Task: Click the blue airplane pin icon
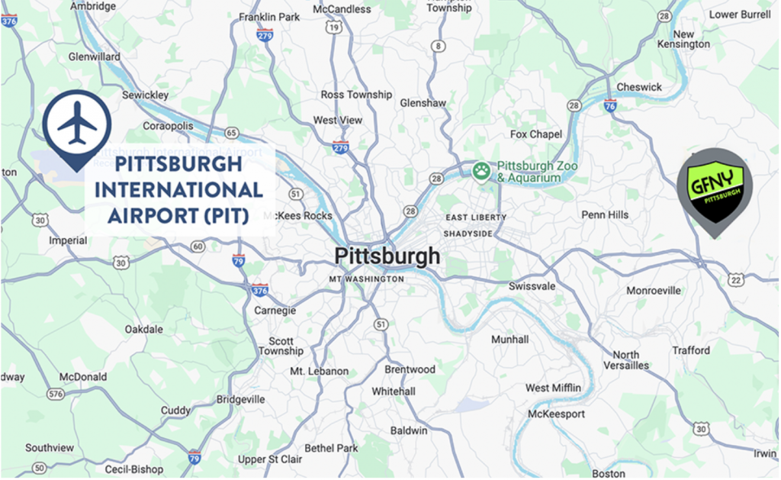[76, 124]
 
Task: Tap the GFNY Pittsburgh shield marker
[714, 187]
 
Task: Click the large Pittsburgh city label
[387, 256]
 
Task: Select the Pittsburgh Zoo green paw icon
[480, 171]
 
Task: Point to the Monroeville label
[654, 291]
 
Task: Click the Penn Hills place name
[605, 214]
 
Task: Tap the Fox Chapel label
[536, 134]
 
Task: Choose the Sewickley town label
[146, 95]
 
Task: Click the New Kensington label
[684, 39]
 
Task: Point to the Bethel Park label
[331, 448]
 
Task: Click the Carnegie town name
[275, 311]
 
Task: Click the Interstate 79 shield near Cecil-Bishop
[194, 457]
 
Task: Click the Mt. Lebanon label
[319, 371]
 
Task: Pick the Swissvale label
[532, 286]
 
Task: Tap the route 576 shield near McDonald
[55, 394]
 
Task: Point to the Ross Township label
[356, 95]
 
